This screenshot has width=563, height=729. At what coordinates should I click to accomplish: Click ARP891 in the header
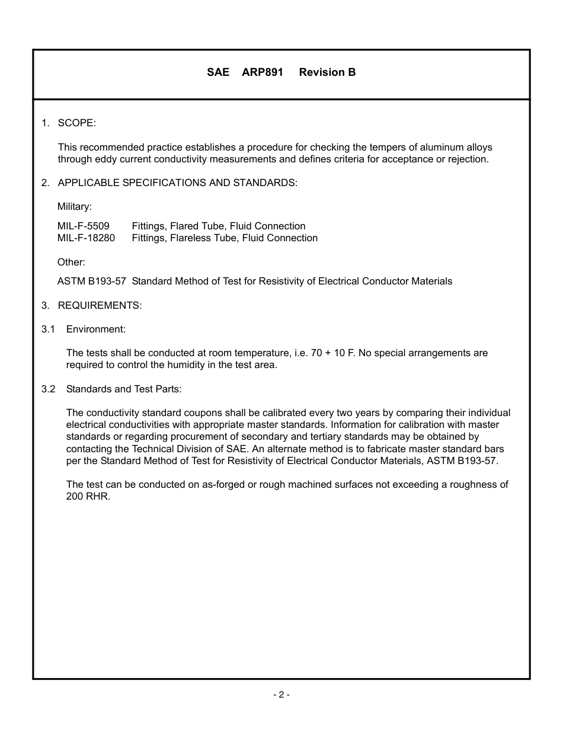point(263,72)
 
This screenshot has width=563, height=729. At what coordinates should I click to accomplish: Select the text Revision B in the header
point(327,72)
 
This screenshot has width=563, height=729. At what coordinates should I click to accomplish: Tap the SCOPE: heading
point(76,123)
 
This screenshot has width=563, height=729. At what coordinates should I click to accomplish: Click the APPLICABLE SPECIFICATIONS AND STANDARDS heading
point(177,183)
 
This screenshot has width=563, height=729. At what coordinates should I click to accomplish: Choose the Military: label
point(75,206)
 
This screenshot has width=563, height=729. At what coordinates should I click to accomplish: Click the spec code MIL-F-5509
point(84,226)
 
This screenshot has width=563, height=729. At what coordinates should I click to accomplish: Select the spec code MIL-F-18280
point(87,238)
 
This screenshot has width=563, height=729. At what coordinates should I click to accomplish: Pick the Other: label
point(71,262)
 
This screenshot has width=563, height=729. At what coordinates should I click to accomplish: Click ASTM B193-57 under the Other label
point(91,281)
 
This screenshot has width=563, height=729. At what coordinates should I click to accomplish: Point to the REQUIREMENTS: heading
point(100,305)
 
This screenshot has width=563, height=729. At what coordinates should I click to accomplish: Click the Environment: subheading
point(95,329)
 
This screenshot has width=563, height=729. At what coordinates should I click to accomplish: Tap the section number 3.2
point(48,389)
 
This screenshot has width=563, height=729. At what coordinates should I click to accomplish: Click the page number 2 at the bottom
point(281,695)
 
